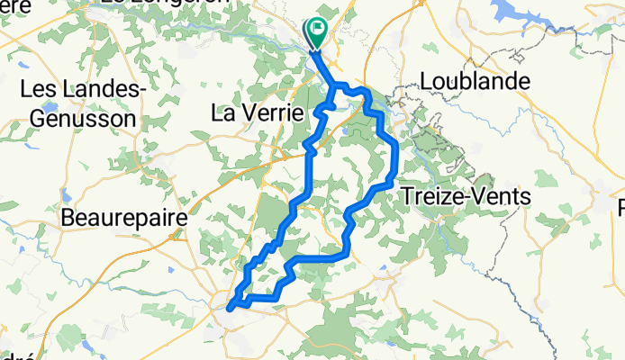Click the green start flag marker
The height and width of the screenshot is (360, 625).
pyautogui.click(x=318, y=32)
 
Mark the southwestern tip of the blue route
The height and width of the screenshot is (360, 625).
pyautogui.click(x=229, y=308)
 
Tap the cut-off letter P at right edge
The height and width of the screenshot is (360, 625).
pyautogui.click(x=620, y=207)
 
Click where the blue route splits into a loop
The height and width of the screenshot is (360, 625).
pyautogui.click(x=337, y=86)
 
